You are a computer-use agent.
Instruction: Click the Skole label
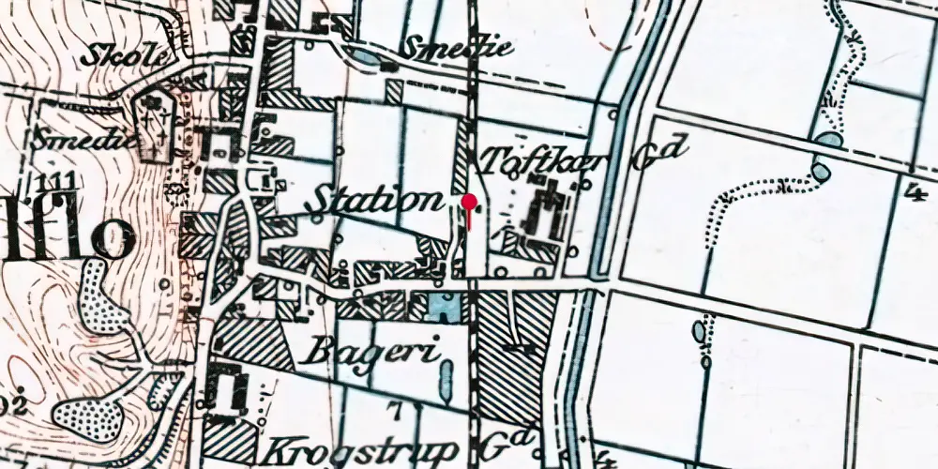coord(113,55)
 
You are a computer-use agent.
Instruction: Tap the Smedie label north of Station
coord(459,48)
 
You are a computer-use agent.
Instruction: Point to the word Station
coord(375,201)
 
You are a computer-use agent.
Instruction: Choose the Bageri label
coord(373,354)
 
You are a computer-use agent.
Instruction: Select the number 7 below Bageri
coord(395,409)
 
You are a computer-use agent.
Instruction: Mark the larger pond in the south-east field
coord(699,332)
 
